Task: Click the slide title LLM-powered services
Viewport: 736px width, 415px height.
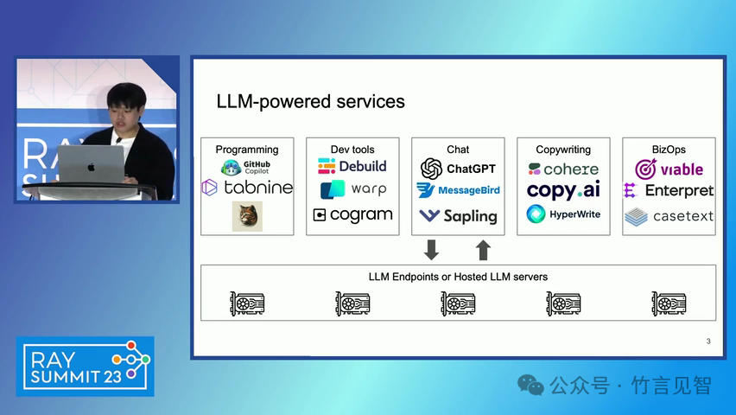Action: (310, 101)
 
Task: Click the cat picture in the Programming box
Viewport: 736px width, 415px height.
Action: (247, 216)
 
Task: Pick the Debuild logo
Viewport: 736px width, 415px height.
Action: (352, 166)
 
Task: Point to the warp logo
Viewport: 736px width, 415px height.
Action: (352, 189)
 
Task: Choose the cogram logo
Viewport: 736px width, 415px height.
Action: (352, 214)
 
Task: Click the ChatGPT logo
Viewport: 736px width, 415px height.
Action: (458, 169)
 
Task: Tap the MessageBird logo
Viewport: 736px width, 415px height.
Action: (458, 190)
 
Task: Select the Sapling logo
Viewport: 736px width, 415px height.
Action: (458, 215)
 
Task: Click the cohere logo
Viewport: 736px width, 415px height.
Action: (563, 169)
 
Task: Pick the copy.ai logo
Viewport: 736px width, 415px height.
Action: (563, 190)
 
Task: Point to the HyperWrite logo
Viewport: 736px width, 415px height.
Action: (563, 214)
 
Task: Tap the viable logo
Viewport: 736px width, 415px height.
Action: (669, 169)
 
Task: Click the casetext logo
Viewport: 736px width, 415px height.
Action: (669, 215)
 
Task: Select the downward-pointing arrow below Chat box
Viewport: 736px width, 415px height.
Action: (432, 250)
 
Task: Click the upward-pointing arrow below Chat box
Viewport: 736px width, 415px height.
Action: (483, 250)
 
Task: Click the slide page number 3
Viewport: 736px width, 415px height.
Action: (708, 342)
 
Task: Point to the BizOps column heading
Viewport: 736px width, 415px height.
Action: (669, 150)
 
